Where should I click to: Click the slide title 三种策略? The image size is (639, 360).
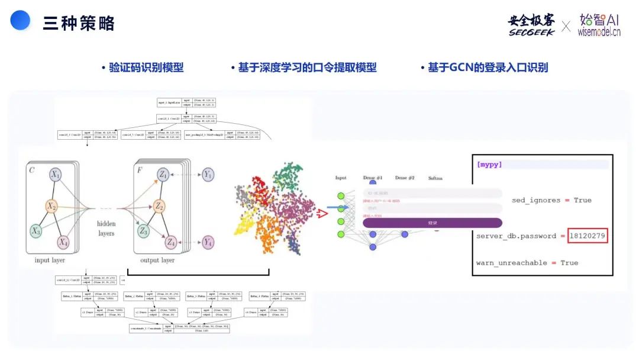79,24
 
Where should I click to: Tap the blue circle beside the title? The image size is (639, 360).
20,21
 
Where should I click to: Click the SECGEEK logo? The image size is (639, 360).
531,25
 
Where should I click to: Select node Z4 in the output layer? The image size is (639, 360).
170,242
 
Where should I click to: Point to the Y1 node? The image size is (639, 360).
208,175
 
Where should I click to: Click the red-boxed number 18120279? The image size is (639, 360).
588,236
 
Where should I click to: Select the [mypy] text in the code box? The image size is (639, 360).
489,165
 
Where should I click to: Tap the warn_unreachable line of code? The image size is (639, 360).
527,262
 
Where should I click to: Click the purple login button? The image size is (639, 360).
432,223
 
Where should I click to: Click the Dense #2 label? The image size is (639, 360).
405,178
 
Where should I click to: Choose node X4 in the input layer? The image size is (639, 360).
63,242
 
